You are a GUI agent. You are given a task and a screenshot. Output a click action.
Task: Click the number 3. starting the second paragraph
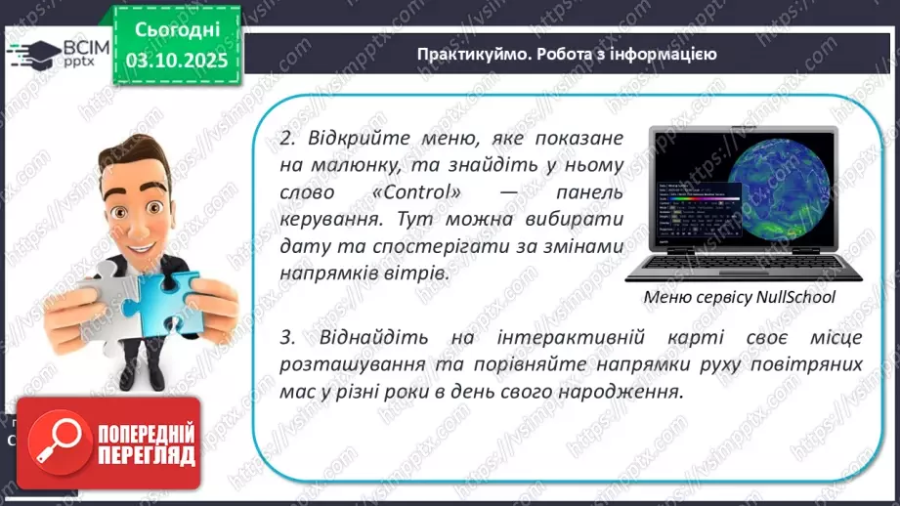[287, 338]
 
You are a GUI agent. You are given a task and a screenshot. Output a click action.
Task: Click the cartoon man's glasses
[146, 191]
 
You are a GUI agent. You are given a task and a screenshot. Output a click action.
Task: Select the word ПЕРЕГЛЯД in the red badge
[146, 455]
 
